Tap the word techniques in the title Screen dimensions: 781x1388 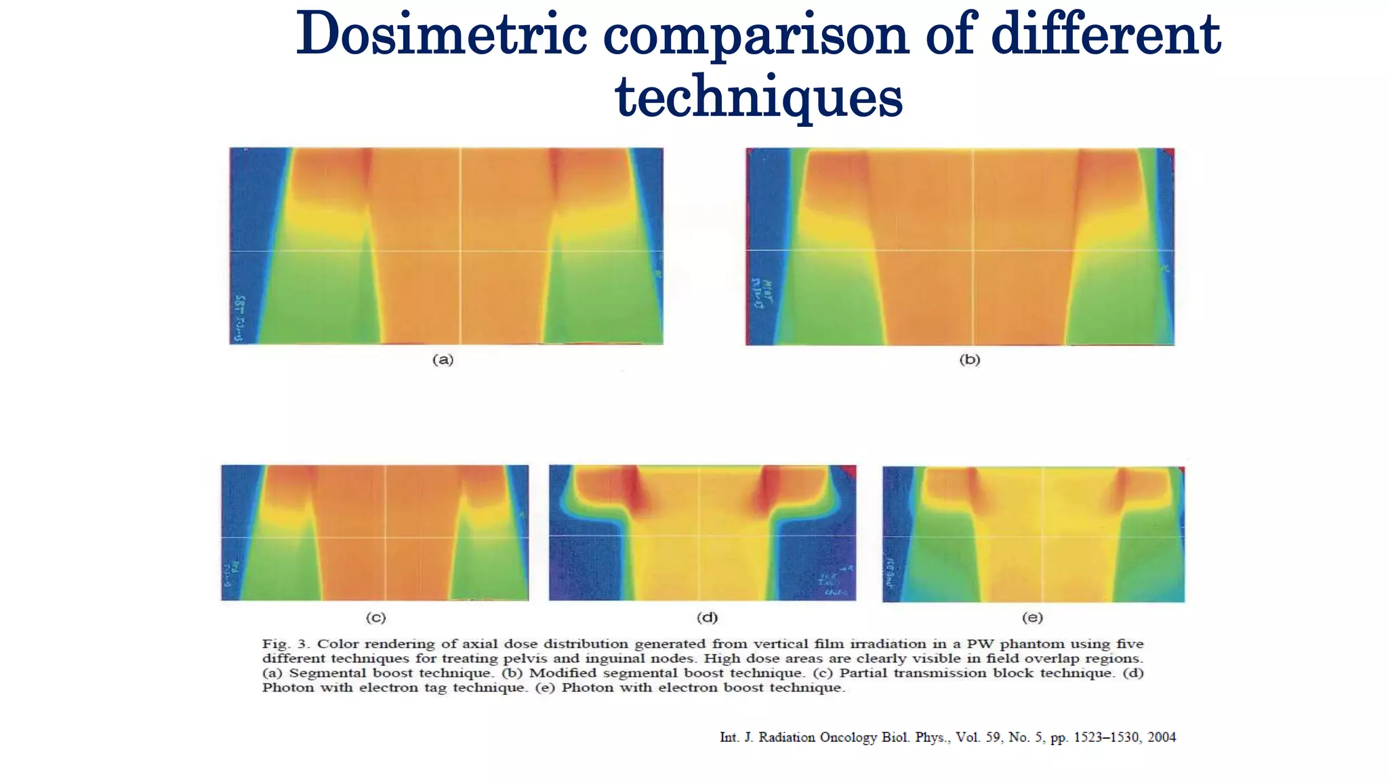point(758,96)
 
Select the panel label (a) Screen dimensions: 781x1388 point(443,360)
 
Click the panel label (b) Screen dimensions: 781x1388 point(969,360)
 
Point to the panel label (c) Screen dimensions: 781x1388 point(375,618)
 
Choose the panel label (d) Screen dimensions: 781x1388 point(707,618)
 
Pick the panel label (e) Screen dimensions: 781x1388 point(1032,618)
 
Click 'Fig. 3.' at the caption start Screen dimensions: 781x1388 point(285,644)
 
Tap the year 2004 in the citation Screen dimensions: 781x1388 point(1162,738)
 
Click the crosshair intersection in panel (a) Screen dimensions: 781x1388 point(461,251)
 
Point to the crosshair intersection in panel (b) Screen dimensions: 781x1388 point(973,250)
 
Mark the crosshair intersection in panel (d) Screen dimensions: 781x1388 point(700,536)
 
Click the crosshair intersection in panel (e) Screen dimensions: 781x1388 point(1042,536)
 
